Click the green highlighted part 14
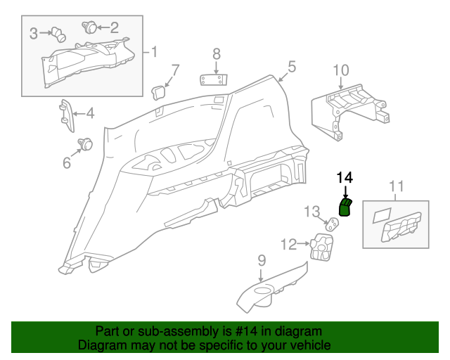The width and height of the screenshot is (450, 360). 345,208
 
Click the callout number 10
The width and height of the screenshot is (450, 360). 340,70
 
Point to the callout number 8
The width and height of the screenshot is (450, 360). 217,53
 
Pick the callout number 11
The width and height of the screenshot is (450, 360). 397,186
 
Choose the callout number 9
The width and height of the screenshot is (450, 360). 262,260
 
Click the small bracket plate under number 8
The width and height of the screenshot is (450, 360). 216,77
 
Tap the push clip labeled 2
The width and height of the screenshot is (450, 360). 90,27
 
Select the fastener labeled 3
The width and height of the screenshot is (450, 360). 59,32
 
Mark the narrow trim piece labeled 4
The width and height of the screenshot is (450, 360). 66,115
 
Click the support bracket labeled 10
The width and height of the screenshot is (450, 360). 348,109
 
